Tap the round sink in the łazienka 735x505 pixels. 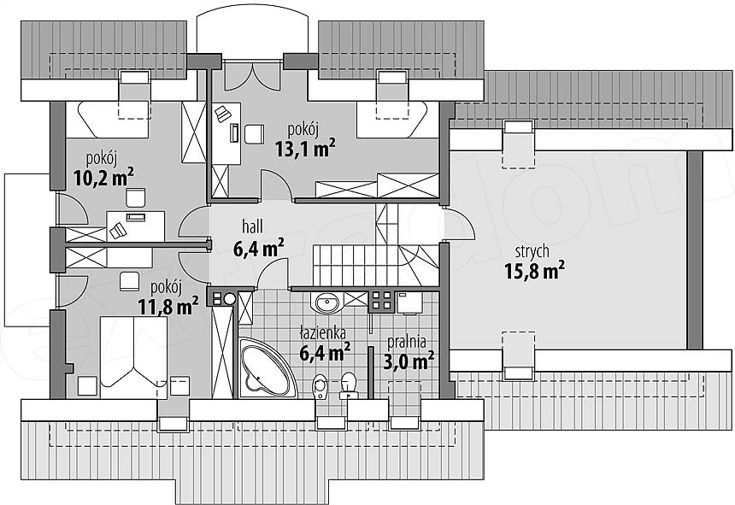(x=326, y=302)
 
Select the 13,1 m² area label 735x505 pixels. (x=305, y=149)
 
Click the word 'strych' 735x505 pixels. (x=532, y=251)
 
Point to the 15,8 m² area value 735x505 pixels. (x=534, y=270)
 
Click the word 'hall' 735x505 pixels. (x=252, y=226)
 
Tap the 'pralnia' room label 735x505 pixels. (x=407, y=342)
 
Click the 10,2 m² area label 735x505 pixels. (x=103, y=177)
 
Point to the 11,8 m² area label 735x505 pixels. (x=168, y=307)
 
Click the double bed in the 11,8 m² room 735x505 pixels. (x=133, y=357)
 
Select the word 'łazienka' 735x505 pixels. (x=323, y=333)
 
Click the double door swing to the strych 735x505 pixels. (x=458, y=223)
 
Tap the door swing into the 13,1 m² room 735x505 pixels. (x=275, y=186)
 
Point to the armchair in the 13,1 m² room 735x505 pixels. (x=254, y=133)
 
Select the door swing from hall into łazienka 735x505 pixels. (x=272, y=273)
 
